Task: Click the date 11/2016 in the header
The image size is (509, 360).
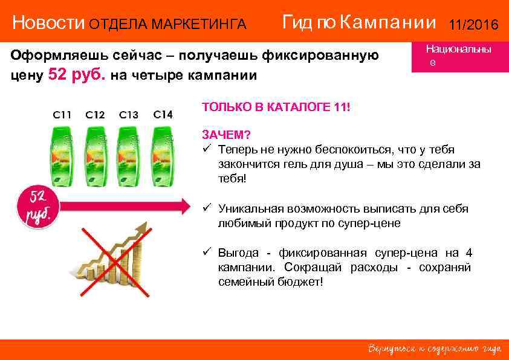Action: tap(473, 25)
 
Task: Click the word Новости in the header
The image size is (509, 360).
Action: tap(49, 24)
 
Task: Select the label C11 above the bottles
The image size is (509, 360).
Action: tap(62, 114)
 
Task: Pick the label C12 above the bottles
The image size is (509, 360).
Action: tap(95, 114)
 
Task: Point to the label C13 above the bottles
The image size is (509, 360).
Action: tap(129, 114)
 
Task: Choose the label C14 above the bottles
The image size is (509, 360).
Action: tap(163, 114)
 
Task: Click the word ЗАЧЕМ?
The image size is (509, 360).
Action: tap(227, 133)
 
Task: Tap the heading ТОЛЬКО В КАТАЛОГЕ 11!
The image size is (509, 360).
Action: tap(276, 107)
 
